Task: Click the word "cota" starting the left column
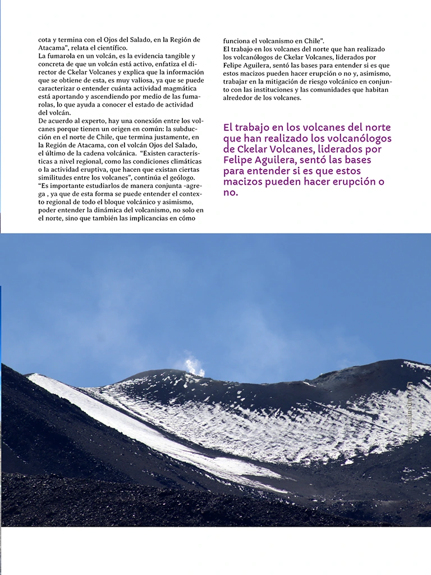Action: pos(44,40)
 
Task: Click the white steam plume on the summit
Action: pos(195,366)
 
